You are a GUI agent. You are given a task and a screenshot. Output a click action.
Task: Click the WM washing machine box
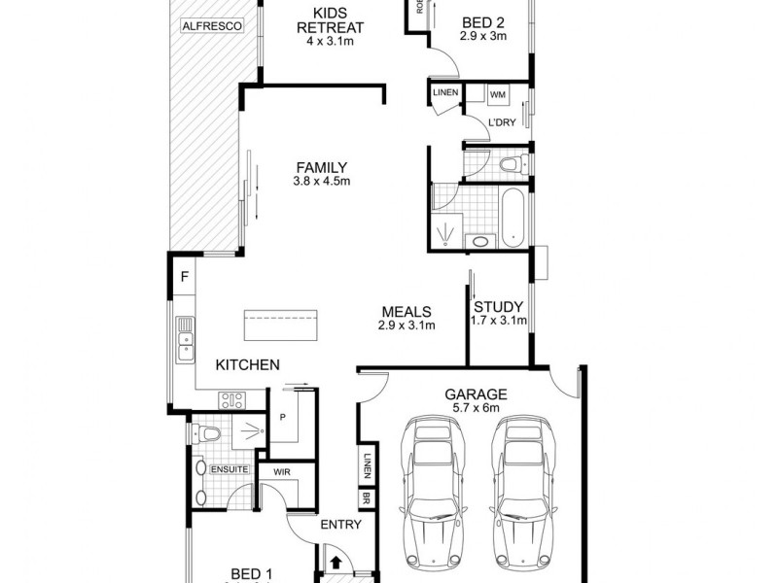tap(498, 94)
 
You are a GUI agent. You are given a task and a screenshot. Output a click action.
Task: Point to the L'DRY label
tap(502, 122)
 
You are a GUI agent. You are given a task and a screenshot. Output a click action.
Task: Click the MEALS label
tap(407, 311)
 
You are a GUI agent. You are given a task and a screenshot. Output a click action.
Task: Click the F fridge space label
tap(183, 277)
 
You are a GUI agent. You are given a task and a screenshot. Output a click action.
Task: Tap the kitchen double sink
tap(183, 340)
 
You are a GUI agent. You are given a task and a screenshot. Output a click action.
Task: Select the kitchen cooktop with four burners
tap(232, 399)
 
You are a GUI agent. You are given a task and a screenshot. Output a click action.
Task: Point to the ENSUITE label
tap(230, 469)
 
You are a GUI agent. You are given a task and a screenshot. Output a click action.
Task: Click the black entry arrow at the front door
tap(335, 562)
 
